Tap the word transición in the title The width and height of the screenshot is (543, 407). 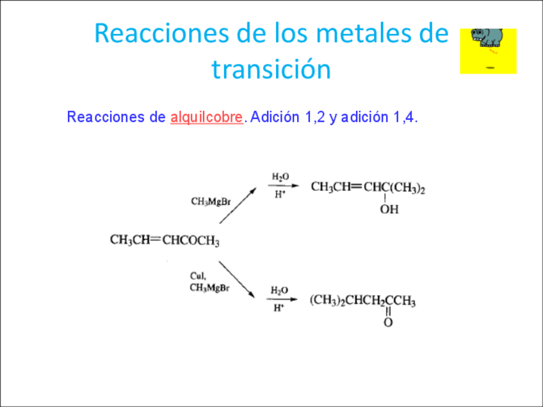[x=271, y=69]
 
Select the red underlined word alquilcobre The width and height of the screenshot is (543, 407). [x=207, y=118]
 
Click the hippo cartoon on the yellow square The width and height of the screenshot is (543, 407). [x=487, y=39]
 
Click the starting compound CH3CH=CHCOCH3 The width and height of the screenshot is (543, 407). [x=165, y=241]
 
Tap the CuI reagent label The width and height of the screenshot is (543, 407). [x=198, y=276]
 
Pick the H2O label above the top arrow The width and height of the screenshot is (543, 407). [x=280, y=176]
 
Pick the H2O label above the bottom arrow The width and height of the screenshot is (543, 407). [x=280, y=290]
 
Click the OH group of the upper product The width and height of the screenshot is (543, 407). [x=389, y=210]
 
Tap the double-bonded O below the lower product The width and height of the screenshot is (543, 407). [x=388, y=323]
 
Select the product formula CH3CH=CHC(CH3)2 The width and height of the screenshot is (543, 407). [x=368, y=188]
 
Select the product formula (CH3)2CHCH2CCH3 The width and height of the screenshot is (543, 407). [x=362, y=301]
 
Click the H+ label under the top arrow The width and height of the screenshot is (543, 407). [x=280, y=194]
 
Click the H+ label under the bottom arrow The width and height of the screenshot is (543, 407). [x=279, y=308]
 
